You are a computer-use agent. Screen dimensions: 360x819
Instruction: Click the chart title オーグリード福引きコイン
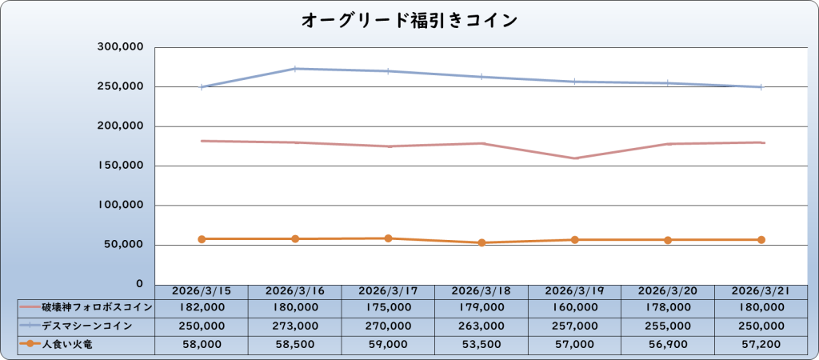tap(409, 20)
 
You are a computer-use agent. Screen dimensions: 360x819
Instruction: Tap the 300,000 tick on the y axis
tap(119, 47)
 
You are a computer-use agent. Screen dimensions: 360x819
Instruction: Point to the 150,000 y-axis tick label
tap(119, 166)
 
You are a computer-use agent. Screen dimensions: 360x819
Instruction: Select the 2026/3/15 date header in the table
tap(202, 291)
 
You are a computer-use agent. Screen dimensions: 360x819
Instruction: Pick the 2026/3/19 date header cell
tap(574, 291)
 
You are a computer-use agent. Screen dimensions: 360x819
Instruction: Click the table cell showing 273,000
tap(294, 326)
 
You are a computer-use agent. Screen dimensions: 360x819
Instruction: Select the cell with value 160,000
tap(574, 306)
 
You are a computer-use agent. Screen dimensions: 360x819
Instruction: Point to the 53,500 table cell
tap(481, 344)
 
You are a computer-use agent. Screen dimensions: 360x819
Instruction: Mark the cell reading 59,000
tap(388, 344)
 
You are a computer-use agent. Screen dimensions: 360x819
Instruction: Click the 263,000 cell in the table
tap(481, 326)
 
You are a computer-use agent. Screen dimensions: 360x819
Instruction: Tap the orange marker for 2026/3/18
tap(481, 242)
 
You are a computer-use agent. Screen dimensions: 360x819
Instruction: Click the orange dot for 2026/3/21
tap(761, 240)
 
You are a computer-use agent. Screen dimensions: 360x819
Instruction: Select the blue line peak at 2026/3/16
tap(295, 69)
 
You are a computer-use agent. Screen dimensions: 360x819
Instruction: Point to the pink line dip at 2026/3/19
tap(575, 158)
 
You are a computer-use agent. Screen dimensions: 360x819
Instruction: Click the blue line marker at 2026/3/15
tap(202, 87)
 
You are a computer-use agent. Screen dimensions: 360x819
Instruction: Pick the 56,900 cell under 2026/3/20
tap(668, 344)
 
